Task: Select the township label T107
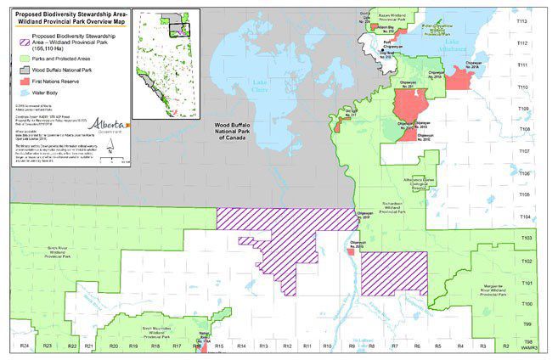(x=547, y=151)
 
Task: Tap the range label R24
(x=24, y=347)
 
